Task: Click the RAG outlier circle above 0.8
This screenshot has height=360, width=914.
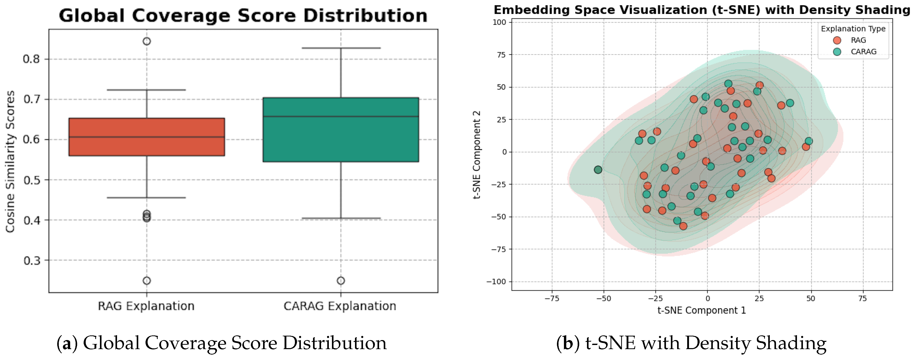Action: (x=147, y=41)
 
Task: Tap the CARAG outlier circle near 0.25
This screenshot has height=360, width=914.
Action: (x=341, y=281)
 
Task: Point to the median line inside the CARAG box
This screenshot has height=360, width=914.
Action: (x=341, y=116)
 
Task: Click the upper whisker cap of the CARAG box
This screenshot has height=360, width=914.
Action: (x=341, y=48)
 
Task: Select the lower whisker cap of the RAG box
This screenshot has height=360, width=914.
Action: (x=147, y=197)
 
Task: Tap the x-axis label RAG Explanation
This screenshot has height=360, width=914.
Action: (x=146, y=306)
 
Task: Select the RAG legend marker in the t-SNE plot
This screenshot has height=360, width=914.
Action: (x=837, y=40)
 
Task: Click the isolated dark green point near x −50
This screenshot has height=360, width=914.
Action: (x=598, y=170)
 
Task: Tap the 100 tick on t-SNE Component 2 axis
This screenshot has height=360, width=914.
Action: (x=499, y=22)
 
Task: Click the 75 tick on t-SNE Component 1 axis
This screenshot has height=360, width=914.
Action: (x=862, y=299)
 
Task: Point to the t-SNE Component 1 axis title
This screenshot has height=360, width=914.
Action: (x=701, y=310)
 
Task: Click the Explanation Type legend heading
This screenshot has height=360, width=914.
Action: (x=853, y=29)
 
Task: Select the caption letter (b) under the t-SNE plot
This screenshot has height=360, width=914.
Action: (x=568, y=343)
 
